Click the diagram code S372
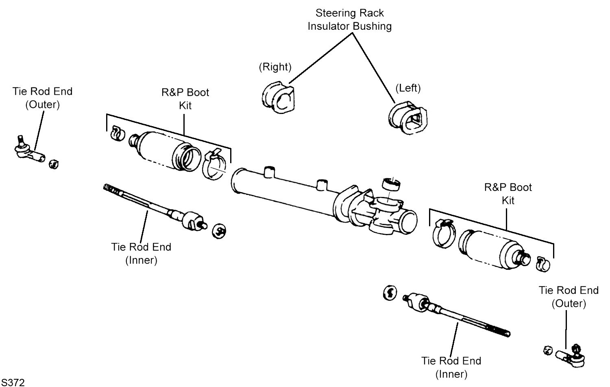click(x=13, y=382)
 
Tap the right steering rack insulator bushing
click(x=278, y=98)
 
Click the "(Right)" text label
click(x=275, y=67)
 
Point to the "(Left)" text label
click(x=408, y=88)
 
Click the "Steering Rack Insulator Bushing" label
click(x=349, y=20)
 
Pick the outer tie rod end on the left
click(x=27, y=150)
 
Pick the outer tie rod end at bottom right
click(x=571, y=355)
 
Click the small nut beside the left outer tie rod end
click(x=54, y=164)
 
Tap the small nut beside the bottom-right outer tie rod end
click(x=547, y=350)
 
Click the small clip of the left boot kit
click(x=117, y=133)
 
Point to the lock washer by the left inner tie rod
click(x=220, y=231)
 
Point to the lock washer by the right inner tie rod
click(x=390, y=293)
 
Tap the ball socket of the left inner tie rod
click(x=192, y=220)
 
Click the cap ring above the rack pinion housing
click(x=392, y=184)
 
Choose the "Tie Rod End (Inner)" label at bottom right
click(x=451, y=367)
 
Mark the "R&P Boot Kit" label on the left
click(x=185, y=99)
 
